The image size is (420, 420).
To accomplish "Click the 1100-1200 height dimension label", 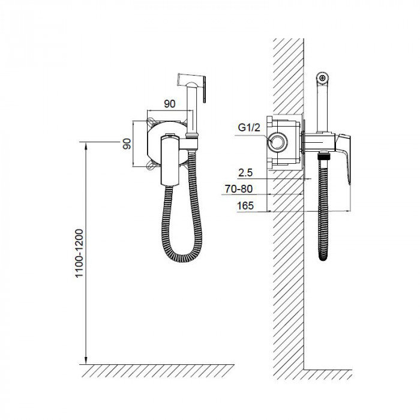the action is [79, 253].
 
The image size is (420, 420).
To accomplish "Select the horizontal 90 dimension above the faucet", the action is [170, 104].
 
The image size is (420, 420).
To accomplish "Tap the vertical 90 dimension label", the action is [127, 144].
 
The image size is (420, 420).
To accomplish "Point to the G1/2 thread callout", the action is [249, 127].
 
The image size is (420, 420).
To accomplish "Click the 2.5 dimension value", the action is [245, 173].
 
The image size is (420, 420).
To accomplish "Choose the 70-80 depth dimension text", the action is [238, 189].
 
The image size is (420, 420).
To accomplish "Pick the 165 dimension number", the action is [245, 206].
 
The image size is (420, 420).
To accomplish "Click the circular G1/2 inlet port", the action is [278, 142].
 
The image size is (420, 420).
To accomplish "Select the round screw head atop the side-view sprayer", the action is [323, 78].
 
